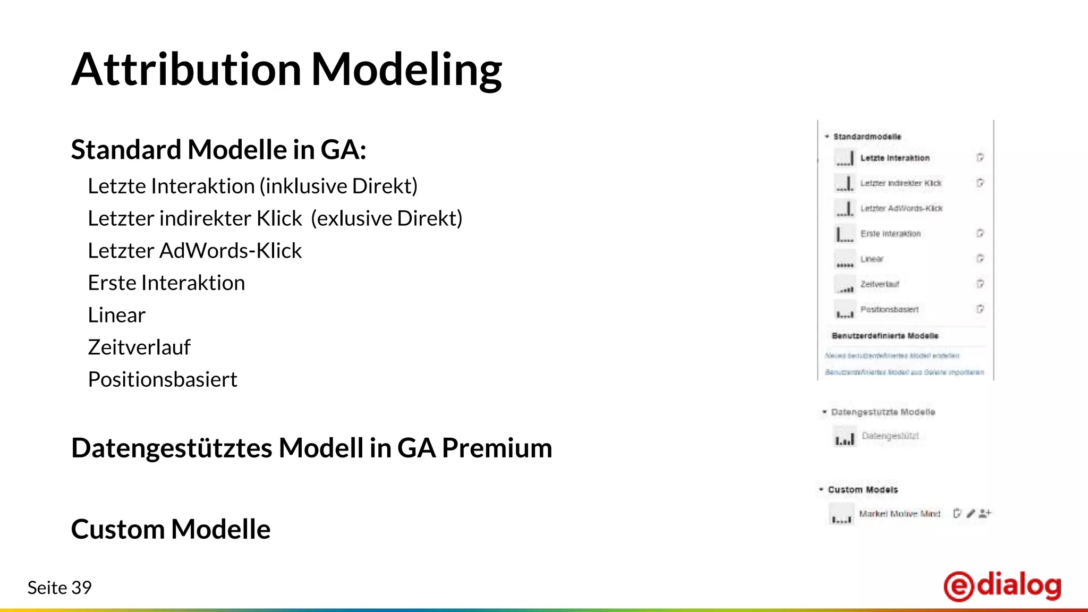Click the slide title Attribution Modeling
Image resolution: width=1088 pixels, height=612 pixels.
pyautogui.click(x=286, y=70)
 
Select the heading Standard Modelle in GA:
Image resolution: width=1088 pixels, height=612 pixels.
pyautogui.click(x=218, y=150)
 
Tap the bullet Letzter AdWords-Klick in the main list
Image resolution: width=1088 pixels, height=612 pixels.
pyautogui.click(x=194, y=251)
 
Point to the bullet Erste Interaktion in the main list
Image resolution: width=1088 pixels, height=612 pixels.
pyautogui.click(x=166, y=283)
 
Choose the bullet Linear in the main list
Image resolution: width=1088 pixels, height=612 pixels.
pyautogui.click(x=116, y=315)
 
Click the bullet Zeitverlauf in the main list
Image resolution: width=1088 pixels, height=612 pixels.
pyautogui.click(x=139, y=347)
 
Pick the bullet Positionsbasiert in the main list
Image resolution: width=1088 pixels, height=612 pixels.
pyautogui.click(x=162, y=379)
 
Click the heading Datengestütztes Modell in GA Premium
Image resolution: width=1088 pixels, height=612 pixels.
pyautogui.click(x=311, y=448)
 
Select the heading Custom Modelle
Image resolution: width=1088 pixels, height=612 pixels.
pyautogui.click(x=171, y=529)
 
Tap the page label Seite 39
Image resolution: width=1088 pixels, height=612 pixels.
pyautogui.click(x=59, y=588)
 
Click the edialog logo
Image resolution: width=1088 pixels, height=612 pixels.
pyautogui.click(x=1002, y=586)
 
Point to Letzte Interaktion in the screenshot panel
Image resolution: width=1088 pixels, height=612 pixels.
pyautogui.click(x=895, y=158)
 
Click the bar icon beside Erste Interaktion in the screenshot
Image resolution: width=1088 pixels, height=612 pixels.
pyautogui.click(x=844, y=234)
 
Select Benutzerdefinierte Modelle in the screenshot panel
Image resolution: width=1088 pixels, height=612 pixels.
pyautogui.click(x=885, y=336)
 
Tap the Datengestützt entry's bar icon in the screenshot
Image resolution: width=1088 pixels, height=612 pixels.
pyautogui.click(x=844, y=438)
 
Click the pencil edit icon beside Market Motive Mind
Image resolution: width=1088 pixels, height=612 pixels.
pyautogui.click(x=971, y=513)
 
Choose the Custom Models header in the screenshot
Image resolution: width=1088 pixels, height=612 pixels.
pyautogui.click(x=862, y=490)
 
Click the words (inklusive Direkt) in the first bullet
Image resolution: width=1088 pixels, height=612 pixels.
pyautogui.click(x=338, y=186)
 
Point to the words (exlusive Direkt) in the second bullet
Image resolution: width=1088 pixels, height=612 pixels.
pyautogui.click(x=386, y=219)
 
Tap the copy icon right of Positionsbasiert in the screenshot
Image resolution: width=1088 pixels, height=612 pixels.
pyautogui.click(x=980, y=309)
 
